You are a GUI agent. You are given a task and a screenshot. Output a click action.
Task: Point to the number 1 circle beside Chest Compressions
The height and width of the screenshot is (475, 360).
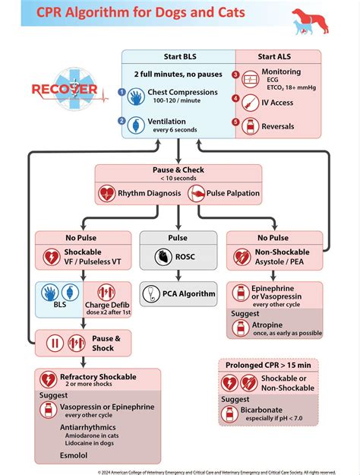pyautogui.click(x=121, y=92)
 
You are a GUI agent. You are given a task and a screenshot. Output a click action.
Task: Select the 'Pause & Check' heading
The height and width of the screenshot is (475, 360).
pyautogui.click(x=178, y=170)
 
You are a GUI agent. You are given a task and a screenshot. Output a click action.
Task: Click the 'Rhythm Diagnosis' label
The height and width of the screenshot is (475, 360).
pyautogui.click(x=149, y=193)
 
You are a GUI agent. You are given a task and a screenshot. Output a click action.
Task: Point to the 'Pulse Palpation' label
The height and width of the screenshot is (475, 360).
pyautogui.click(x=233, y=193)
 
